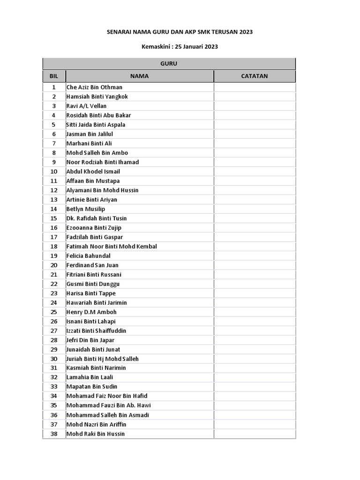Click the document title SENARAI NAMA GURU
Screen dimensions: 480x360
click(x=180, y=32)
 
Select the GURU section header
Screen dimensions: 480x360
click(x=169, y=64)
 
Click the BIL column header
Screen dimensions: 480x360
click(x=54, y=76)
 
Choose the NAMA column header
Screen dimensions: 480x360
click(x=139, y=76)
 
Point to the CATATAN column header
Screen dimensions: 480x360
click(x=255, y=76)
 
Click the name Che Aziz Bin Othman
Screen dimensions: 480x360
click(x=94, y=87)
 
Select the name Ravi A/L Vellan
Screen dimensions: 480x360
click(x=86, y=106)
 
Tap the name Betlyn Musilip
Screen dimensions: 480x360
click(x=86, y=209)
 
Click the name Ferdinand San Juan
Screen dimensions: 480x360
click(x=92, y=265)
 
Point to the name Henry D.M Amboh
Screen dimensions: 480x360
click(x=91, y=312)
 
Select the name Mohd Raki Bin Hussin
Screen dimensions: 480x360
click(x=96, y=434)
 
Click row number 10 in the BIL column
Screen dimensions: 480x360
click(x=54, y=172)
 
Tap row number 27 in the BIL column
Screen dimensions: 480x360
click(x=54, y=331)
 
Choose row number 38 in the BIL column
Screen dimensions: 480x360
click(x=54, y=434)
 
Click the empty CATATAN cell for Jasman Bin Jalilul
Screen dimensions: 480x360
click(x=255, y=134)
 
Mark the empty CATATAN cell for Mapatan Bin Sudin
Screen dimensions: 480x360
click(x=255, y=387)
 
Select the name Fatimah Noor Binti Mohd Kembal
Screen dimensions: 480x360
click(x=112, y=247)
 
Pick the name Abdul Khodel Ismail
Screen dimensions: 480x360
click(x=93, y=172)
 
